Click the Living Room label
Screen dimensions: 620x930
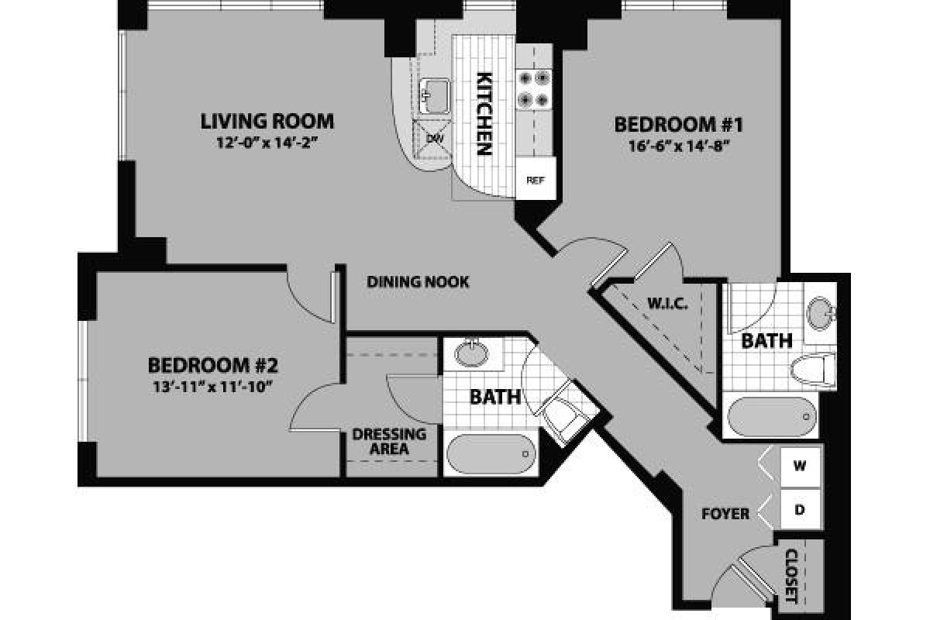(267, 121)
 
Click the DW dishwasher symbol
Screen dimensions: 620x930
(432, 137)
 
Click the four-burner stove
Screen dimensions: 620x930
(533, 88)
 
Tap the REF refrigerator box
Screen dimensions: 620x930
(534, 181)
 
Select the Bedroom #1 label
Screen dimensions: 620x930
(679, 124)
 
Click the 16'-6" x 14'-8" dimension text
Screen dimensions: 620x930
(679, 145)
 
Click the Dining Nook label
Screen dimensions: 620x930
(418, 282)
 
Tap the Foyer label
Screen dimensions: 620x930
(725, 514)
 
